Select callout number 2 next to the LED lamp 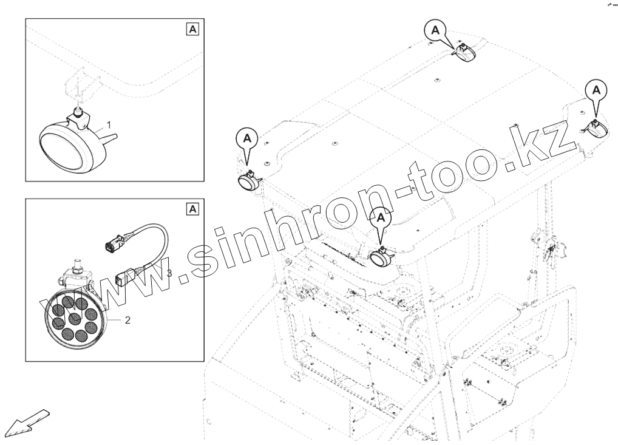(x=127, y=320)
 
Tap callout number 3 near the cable (x=169, y=273)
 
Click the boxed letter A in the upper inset (x=192, y=29)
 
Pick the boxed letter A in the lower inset (x=192, y=209)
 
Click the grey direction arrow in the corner (x=27, y=422)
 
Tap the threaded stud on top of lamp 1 (x=78, y=111)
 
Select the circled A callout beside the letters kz (x=597, y=89)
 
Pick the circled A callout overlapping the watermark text (x=381, y=217)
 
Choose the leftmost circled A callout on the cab (x=247, y=138)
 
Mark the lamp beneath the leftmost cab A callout (x=248, y=181)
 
